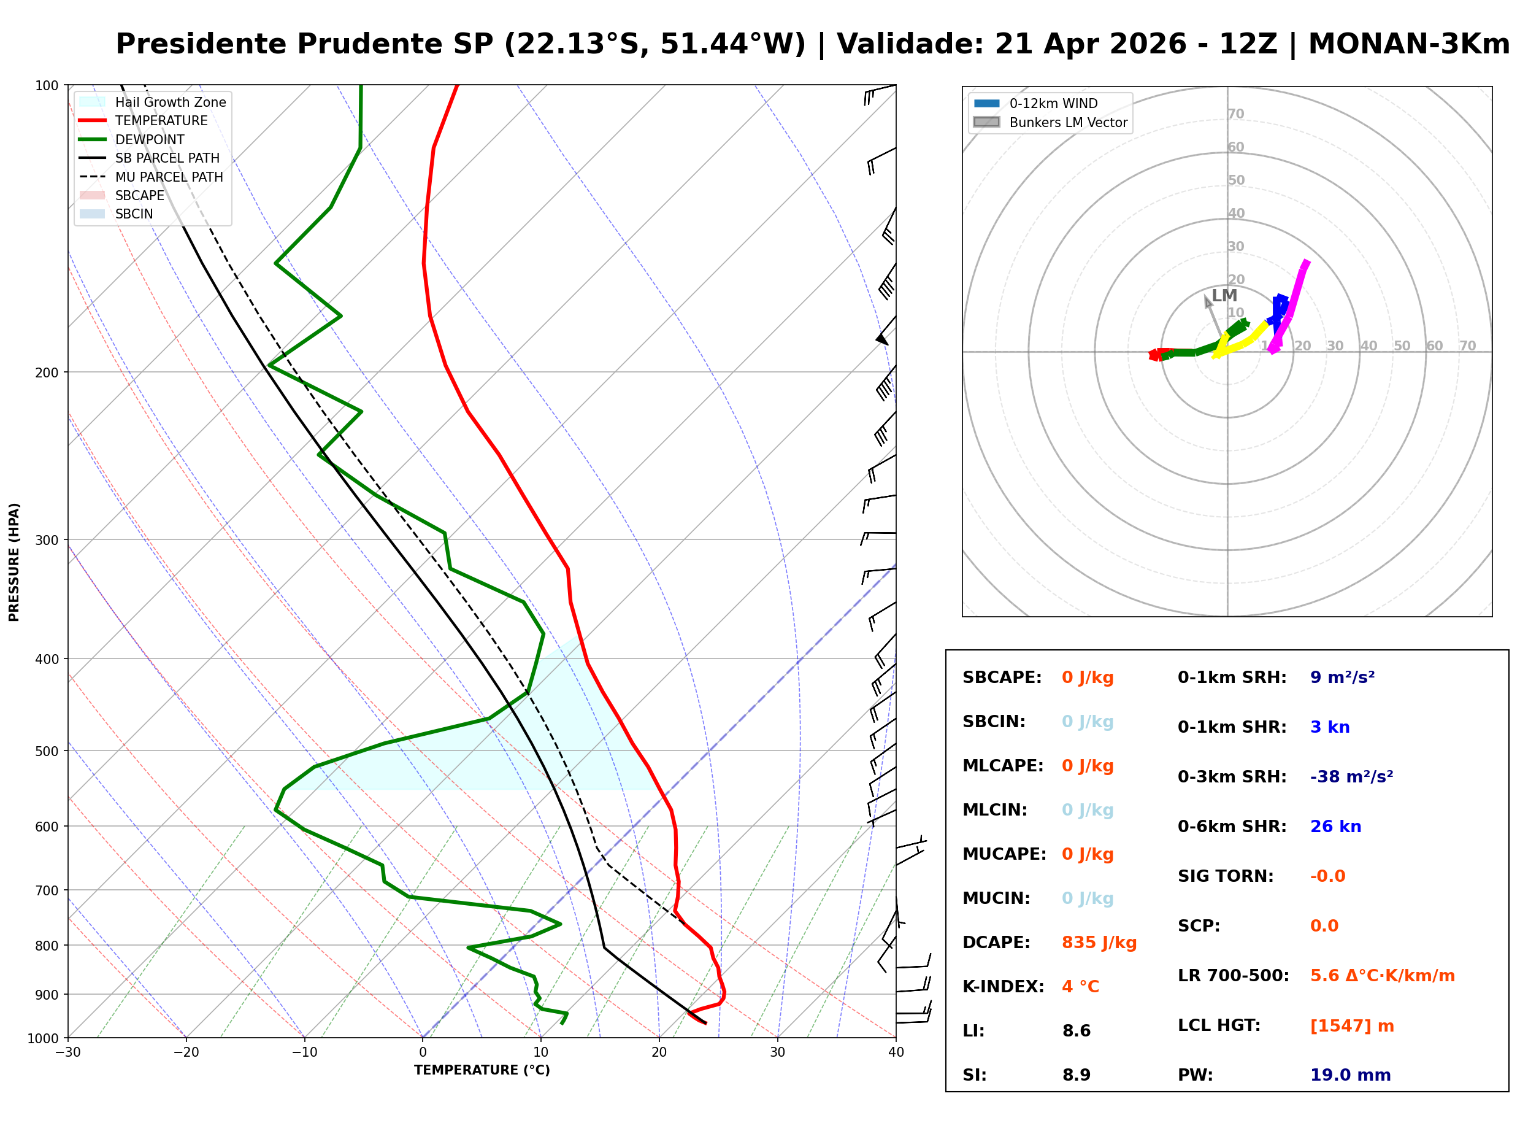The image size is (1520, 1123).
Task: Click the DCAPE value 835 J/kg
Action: pyautogui.click(x=1099, y=943)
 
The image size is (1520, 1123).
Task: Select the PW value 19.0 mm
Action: pyautogui.click(x=1349, y=1075)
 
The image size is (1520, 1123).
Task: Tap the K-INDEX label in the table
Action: pyautogui.click(x=1003, y=987)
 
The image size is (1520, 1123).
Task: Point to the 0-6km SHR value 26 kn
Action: pyautogui.click(x=1335, y=827)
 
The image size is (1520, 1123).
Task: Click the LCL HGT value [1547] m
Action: pyautogui.click(x=1351, y=1026)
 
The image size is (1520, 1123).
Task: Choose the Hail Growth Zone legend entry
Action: pyautogui.click(x=170, y=102)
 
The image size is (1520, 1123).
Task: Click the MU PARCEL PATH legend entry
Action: pyautogui.click(x=169, y=177)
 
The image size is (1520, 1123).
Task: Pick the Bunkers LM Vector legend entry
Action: pyautogui.click(x=1067, y=122)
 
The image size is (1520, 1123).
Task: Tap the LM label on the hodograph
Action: pyautogui.click(x=1224, y=296)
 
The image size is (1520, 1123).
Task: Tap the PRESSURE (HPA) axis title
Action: pyautogui.click(x=13, y=562)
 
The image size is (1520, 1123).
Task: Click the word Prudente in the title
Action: pyautogui.click(x=394, y=44)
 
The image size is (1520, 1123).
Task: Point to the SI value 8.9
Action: pyautogui.click(x=1077, y=1075)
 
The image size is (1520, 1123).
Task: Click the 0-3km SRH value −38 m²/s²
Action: pyautogui.click(x=1351, y=777)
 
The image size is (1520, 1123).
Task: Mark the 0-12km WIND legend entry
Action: pyautogui.click(x=1053, y=103)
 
